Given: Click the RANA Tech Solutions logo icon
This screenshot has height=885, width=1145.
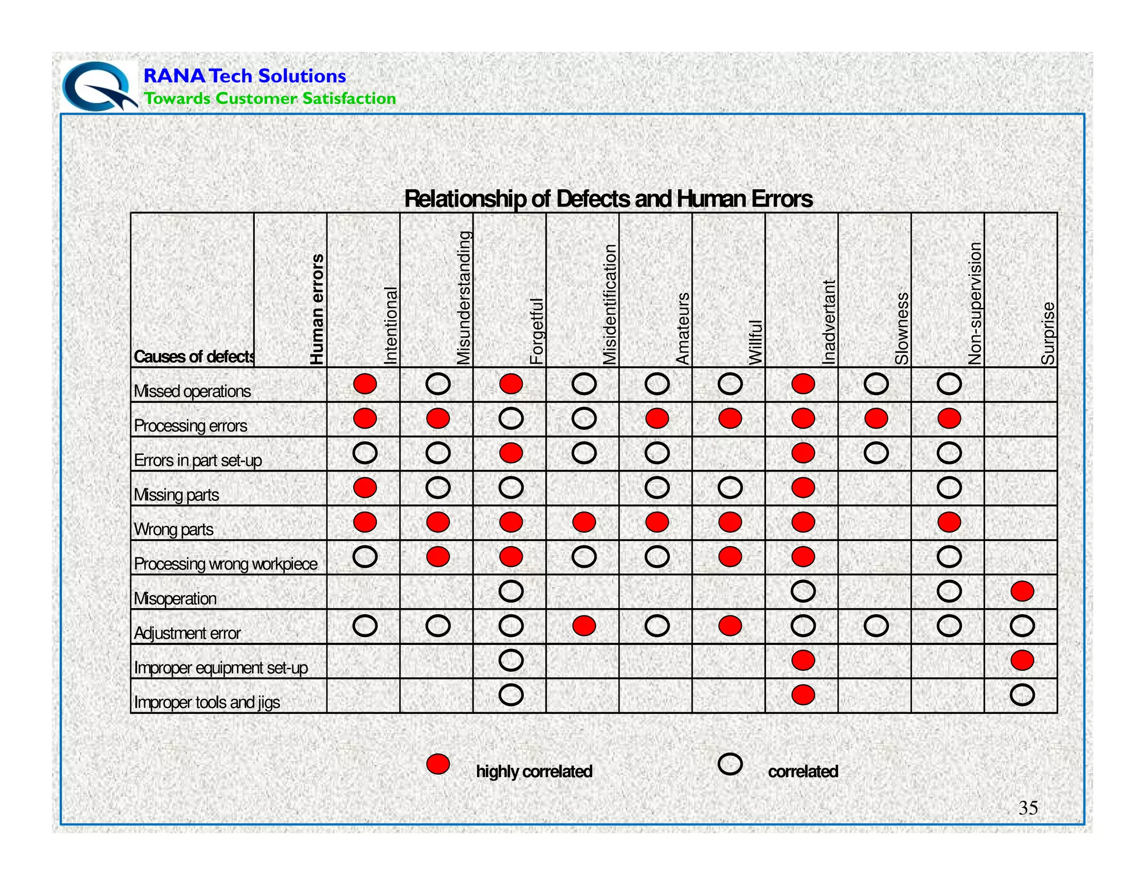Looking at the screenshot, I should pyautogui.click(x=99, y=86).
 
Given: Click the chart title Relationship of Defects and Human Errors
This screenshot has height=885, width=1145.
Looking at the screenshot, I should pyautogui.click(x=608, y=199).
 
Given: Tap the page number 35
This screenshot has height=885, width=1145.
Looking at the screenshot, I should pyautogui.click(x=1028, y=808).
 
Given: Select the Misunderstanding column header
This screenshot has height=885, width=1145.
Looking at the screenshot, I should pyautogui.click(x=464, y=298).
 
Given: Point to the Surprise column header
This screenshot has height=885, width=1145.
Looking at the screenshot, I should pyautogui.click(x=1048, y=333).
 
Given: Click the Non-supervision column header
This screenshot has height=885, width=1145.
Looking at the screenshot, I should pyautogui.click(x=975, y=303).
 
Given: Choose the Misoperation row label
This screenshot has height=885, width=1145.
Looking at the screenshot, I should pyautogui.click(x=175, y=599).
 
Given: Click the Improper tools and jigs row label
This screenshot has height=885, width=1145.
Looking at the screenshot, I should pyautogui.click(x=207, y=702).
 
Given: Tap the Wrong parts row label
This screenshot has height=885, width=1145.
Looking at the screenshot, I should pyautogui.click(x=174, y=529).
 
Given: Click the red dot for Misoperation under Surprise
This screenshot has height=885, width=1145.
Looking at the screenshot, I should pyautogui.click(x=1022, y=591).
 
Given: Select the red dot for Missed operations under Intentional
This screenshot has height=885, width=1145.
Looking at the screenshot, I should pyautogui.click(x=365, y=384).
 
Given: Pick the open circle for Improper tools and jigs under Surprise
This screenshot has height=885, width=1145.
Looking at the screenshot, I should pyautogui.click(x=1022, y=695).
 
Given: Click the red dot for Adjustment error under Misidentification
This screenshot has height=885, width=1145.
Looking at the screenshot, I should pyautogui.click(x=584, y=626).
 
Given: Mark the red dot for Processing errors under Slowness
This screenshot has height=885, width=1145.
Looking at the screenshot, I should pyautogui.click(x=876, y=418).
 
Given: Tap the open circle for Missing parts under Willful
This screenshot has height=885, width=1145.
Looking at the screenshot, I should pyautogui.click(x=730, y=488).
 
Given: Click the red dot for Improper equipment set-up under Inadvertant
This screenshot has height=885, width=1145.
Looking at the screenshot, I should pyautogui.click(x=803, y=661).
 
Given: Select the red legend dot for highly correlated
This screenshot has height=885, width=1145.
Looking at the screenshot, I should pyautogui.click(x=438, y=764).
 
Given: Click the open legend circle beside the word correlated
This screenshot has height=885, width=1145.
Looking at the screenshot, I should pyautogui.click(x=730, y=764).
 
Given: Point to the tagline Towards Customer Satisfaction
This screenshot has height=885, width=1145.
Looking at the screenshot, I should pyautogui.click(x=270, y=98).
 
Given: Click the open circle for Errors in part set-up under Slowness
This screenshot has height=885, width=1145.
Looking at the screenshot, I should pyautogui.click(x=876, y=453).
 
